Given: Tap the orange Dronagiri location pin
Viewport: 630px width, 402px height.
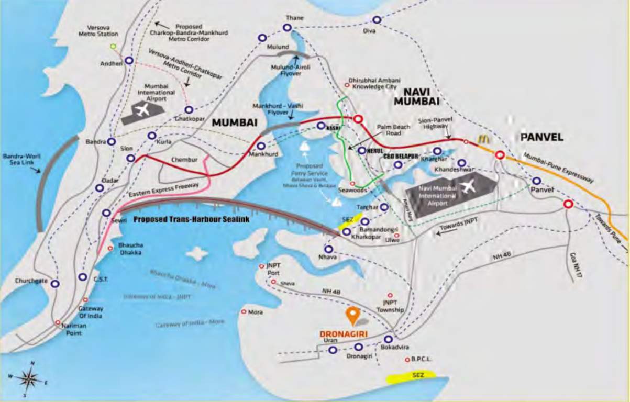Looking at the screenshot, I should click(x=353, y=315).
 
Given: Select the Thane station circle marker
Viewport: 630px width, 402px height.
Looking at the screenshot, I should click(x=287, y=28).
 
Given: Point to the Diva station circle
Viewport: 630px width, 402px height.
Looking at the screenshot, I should click(x=377, y=20).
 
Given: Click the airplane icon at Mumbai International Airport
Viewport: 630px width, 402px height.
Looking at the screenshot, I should click(x=142, y=110).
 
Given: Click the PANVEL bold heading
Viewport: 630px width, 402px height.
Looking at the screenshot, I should click(x=541, y=137).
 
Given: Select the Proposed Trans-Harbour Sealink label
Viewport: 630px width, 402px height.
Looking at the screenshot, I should click(x=191, y=220).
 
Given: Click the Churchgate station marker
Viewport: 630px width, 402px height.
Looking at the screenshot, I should click(x=54, y=284).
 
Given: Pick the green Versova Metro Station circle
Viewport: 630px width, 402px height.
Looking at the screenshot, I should click(x=113, y=47).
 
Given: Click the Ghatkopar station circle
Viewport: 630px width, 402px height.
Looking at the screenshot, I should click(x=189, y=110).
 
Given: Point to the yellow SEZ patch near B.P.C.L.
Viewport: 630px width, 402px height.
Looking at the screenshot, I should click(x=411, y=376).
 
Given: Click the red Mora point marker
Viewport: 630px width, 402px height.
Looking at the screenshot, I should click(x=244, y=311).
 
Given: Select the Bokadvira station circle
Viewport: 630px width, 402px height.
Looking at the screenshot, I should click(x=388, y=339).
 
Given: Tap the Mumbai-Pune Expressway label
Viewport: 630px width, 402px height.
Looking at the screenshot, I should click(x=557, y=167).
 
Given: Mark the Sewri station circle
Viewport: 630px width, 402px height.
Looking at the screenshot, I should click(x=106, y=213).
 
